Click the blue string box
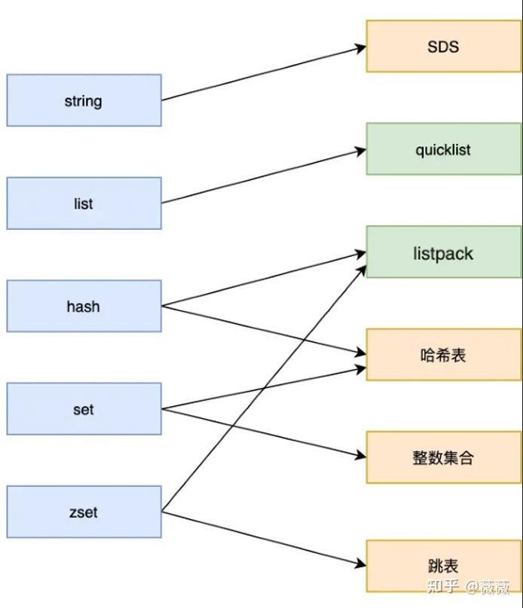point(84,100)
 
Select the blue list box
point(84,203)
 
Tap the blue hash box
point(84,307)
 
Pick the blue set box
point(84,409)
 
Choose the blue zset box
point(84,512)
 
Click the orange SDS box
point(443,47)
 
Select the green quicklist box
point(443,149)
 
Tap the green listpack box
point(443,252)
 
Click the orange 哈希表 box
point(443,355)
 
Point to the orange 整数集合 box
point(443,457)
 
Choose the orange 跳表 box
point(443,565)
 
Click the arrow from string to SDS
point(264,74)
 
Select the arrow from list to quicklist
point(264,176)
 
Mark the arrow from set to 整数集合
point(264,433)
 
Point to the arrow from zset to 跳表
point(264,539)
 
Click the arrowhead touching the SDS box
point(361,48)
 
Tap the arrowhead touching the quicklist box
point(361,151)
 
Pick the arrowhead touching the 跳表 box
point(361,565)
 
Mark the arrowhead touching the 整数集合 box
point(361,457)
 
